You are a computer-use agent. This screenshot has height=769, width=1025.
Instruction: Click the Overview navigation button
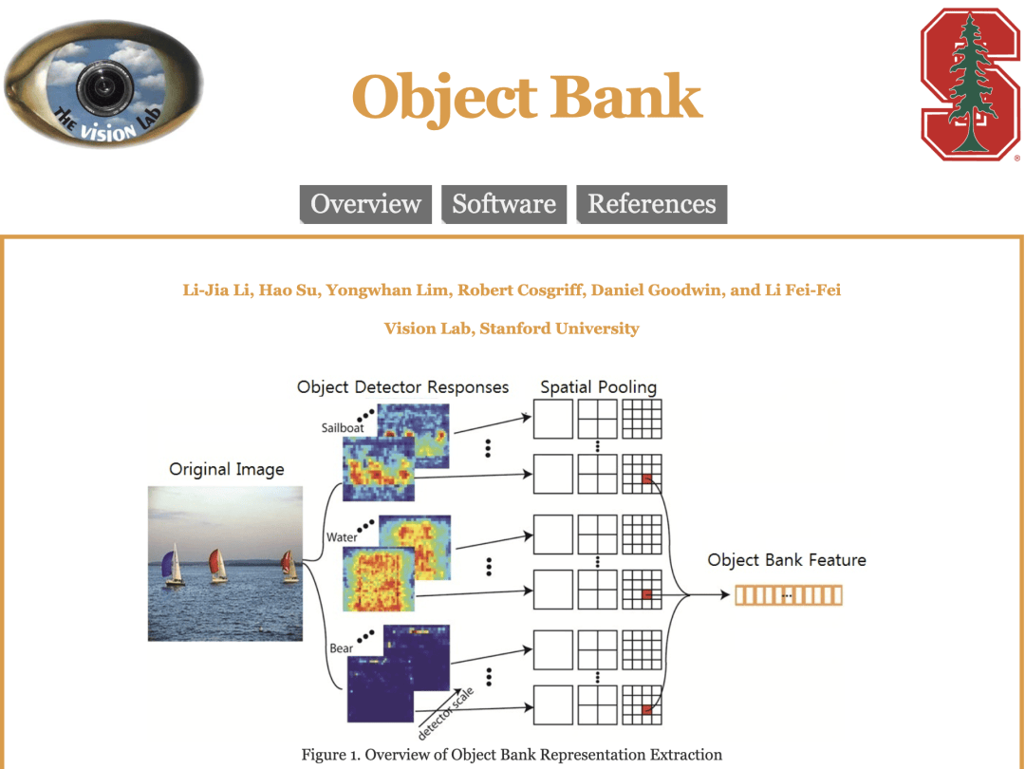pos(365,204)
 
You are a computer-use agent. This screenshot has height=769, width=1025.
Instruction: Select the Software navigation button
pos(504,204)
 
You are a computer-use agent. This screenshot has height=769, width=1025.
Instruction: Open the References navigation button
pos(652,204)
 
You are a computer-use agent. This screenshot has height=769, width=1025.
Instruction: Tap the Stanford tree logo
pos(970,83)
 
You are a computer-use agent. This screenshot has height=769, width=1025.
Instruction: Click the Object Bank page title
pos(527,98)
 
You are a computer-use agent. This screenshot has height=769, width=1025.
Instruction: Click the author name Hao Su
pos(288,291)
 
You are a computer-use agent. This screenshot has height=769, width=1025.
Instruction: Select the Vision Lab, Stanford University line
pos(512,328)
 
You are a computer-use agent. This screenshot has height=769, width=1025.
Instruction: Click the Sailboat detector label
pos(343,428)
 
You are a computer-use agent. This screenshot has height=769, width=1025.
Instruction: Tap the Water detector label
pos(342,537)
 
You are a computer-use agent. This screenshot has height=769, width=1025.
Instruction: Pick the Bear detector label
pos(342,648)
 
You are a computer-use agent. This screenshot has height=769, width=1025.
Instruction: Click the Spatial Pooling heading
pos(598,387)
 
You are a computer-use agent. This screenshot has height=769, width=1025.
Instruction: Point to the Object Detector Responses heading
pos(402,387)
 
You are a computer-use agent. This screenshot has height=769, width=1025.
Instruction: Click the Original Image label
pos(226,469)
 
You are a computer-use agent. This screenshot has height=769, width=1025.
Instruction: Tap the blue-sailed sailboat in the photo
pos(174,566)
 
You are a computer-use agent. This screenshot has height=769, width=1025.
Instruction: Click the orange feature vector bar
pos(788,595)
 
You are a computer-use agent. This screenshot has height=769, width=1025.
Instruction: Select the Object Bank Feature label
pos(787,560)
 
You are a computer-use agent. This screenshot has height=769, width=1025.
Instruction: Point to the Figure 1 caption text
pos(512,755)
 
